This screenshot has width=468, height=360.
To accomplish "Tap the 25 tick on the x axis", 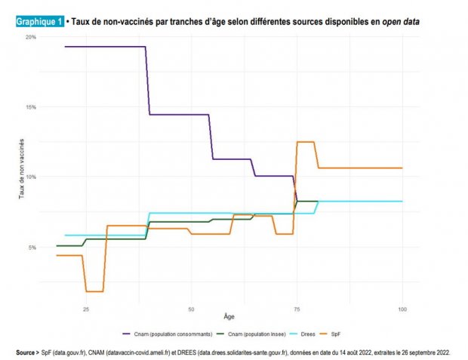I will (x=86, y=309).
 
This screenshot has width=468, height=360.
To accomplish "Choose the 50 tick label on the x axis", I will (x=191, y=309).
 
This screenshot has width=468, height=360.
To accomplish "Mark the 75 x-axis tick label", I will (x=297, y=309).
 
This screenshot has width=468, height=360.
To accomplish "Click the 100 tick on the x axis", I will (x=402, y=309).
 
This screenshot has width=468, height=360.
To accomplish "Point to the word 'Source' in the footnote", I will (x=26, y=352).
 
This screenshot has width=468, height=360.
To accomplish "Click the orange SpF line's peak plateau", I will (x=306, y=142).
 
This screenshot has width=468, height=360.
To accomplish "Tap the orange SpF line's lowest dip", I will (x=94, y=291).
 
